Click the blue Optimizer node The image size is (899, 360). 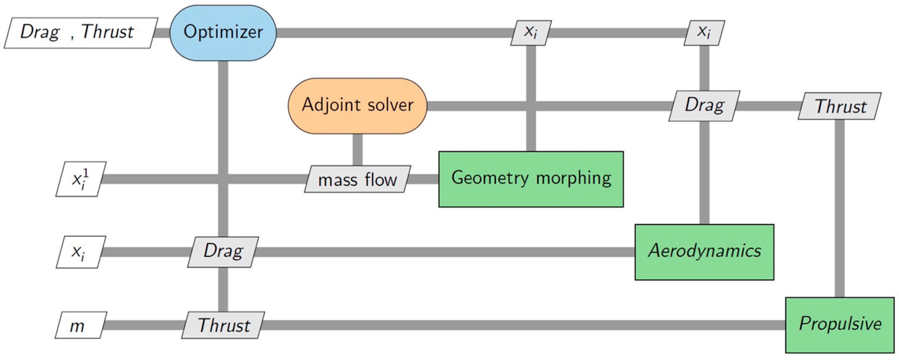[223, 33]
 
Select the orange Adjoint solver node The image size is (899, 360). [357, 106]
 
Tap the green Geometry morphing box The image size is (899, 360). [531, 179]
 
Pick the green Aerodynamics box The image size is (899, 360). [704, 252]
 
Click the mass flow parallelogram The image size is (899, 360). [357, 179]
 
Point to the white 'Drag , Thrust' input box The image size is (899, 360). [80, 33]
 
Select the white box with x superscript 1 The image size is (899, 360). [81, 179]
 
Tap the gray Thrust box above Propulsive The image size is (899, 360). [840, 106]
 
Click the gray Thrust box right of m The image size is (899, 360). [223, 325]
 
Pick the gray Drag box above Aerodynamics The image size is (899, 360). [704, 106]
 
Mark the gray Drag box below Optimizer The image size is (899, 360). [223, 252]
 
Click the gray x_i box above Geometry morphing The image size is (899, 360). [531, 33]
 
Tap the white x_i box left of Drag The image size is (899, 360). [81, 252]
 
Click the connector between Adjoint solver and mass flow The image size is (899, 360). [357, 150]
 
